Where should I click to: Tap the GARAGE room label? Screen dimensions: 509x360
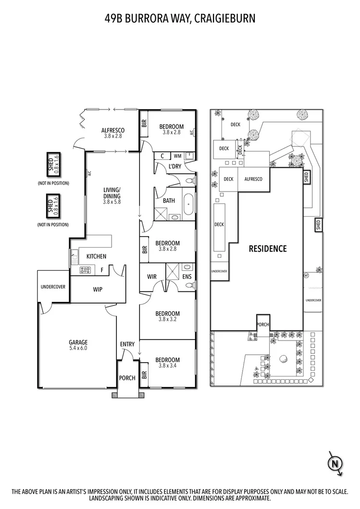pos(77,342)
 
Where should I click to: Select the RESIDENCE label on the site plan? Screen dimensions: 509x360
pos(267,249)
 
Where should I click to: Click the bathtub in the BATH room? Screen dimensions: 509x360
pos(189,205)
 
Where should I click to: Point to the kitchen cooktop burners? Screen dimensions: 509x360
pos(85,270)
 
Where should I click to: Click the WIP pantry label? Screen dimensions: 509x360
pos(98,290)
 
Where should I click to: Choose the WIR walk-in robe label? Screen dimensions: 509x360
pos(152,277)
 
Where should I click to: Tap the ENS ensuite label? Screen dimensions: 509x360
pos(187,277)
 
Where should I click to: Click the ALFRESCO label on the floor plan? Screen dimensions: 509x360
pos(113,130)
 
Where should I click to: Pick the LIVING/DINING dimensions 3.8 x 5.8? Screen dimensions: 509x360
pos(113,202)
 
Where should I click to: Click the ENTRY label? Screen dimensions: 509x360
pos(127,344)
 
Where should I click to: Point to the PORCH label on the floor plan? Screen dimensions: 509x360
pos(127,378)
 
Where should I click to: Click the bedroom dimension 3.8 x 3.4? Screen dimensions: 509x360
pos(168,366)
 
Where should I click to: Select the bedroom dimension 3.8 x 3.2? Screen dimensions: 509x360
pos(168,318)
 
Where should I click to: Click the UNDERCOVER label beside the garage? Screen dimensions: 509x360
pos(53,287)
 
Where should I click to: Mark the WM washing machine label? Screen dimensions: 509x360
pos(177,156)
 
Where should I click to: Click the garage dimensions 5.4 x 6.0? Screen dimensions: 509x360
pos(77,349)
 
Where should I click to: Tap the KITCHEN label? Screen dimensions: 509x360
pos(96,256)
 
